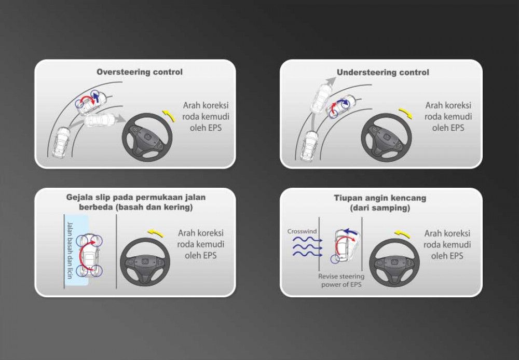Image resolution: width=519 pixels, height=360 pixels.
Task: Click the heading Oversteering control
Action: tap(139, 72)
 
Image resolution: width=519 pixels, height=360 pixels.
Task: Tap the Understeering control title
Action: tap(383, 72)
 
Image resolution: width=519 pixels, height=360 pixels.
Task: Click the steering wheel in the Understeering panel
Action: tap(386, 137)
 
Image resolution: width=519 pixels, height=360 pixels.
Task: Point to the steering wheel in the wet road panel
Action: tap(145, 262)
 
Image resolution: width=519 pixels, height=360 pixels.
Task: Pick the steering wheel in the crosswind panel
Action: tap(394, 263)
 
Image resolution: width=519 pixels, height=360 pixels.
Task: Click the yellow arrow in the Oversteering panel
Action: tap(169, 116)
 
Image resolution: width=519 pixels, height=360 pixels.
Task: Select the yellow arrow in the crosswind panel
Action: tap(403, 234)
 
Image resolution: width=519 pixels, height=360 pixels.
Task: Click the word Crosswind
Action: tap(302, 231)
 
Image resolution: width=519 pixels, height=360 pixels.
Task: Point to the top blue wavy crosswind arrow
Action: tap(307, 239)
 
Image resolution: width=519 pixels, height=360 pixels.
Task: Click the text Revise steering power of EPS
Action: tap(342, 280)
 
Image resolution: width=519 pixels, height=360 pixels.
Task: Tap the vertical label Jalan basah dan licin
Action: tap(70, 250)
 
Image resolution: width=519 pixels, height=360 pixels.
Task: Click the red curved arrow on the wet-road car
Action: tap(85, 254)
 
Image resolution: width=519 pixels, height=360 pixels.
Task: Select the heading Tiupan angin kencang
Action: tap(380, 198)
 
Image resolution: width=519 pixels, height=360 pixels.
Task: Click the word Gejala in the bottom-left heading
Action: tap(78, 197)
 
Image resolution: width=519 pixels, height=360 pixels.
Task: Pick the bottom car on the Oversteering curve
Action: tap(61, 142)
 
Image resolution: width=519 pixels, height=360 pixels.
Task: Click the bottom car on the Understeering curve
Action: tap(309, 146)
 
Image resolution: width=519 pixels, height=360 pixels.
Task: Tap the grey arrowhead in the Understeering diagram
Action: tap(330, 81)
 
